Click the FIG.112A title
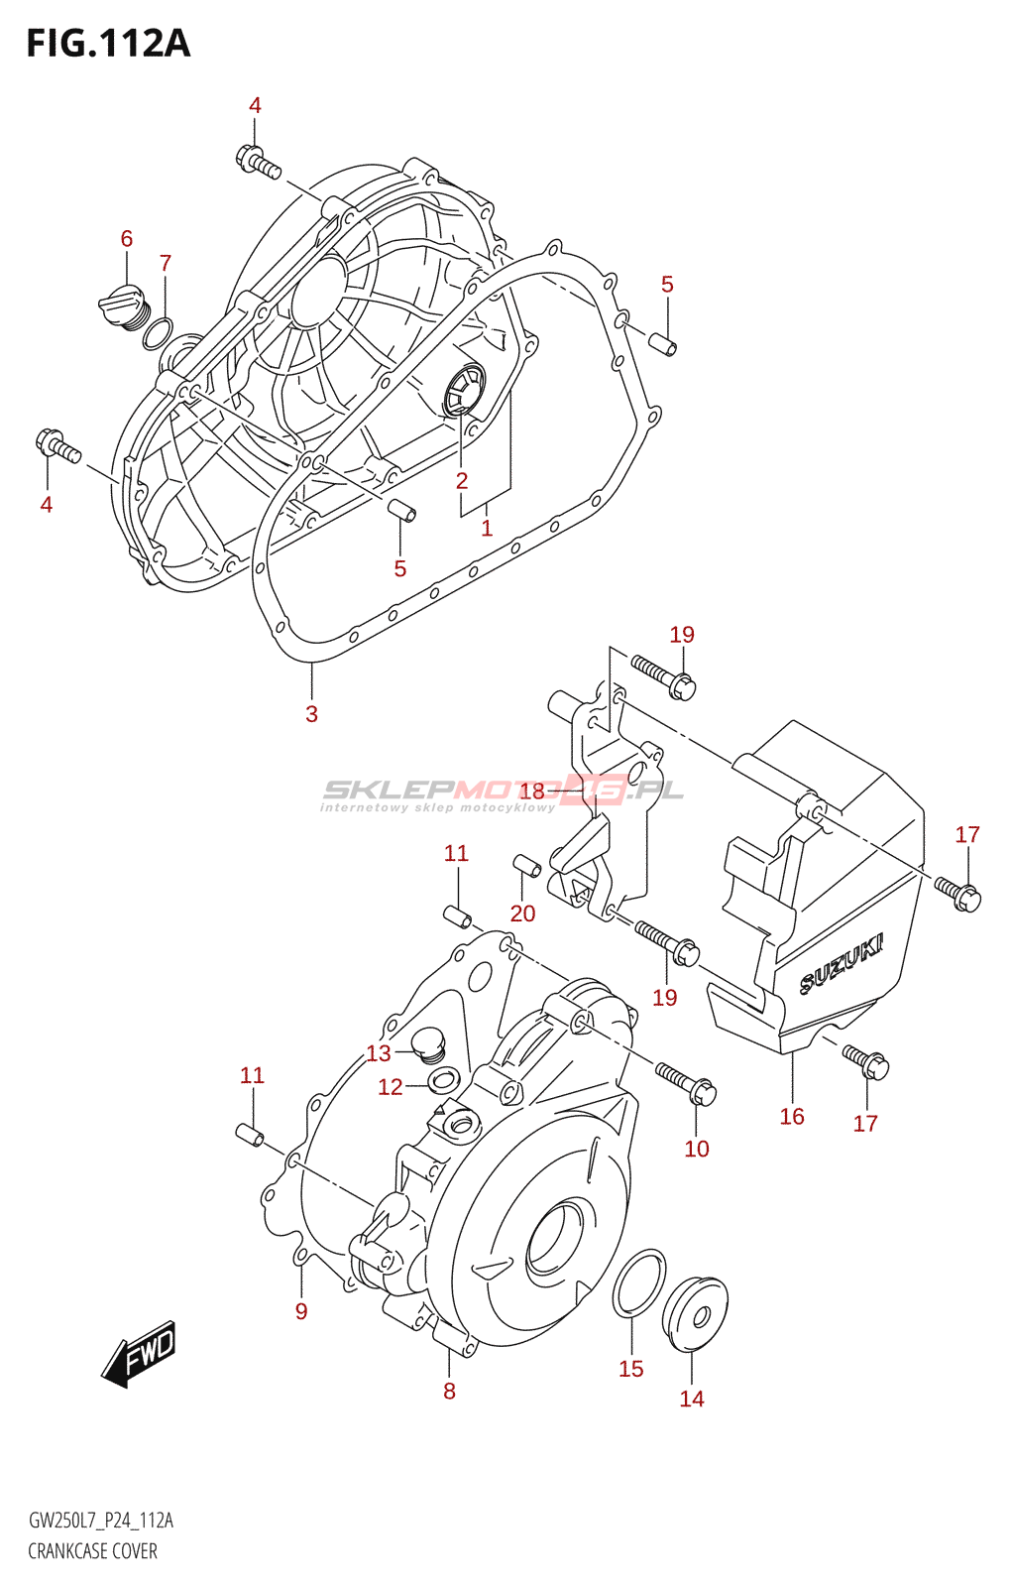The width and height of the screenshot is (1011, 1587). tap(108, 44)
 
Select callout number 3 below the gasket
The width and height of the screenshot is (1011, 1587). tap(311, 713)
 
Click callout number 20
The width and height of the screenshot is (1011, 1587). tap(522, 914)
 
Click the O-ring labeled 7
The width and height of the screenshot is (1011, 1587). tap(158, 334)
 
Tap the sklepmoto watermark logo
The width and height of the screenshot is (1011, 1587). tap(504, 794)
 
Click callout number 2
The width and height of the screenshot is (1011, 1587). tap(462, 481)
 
